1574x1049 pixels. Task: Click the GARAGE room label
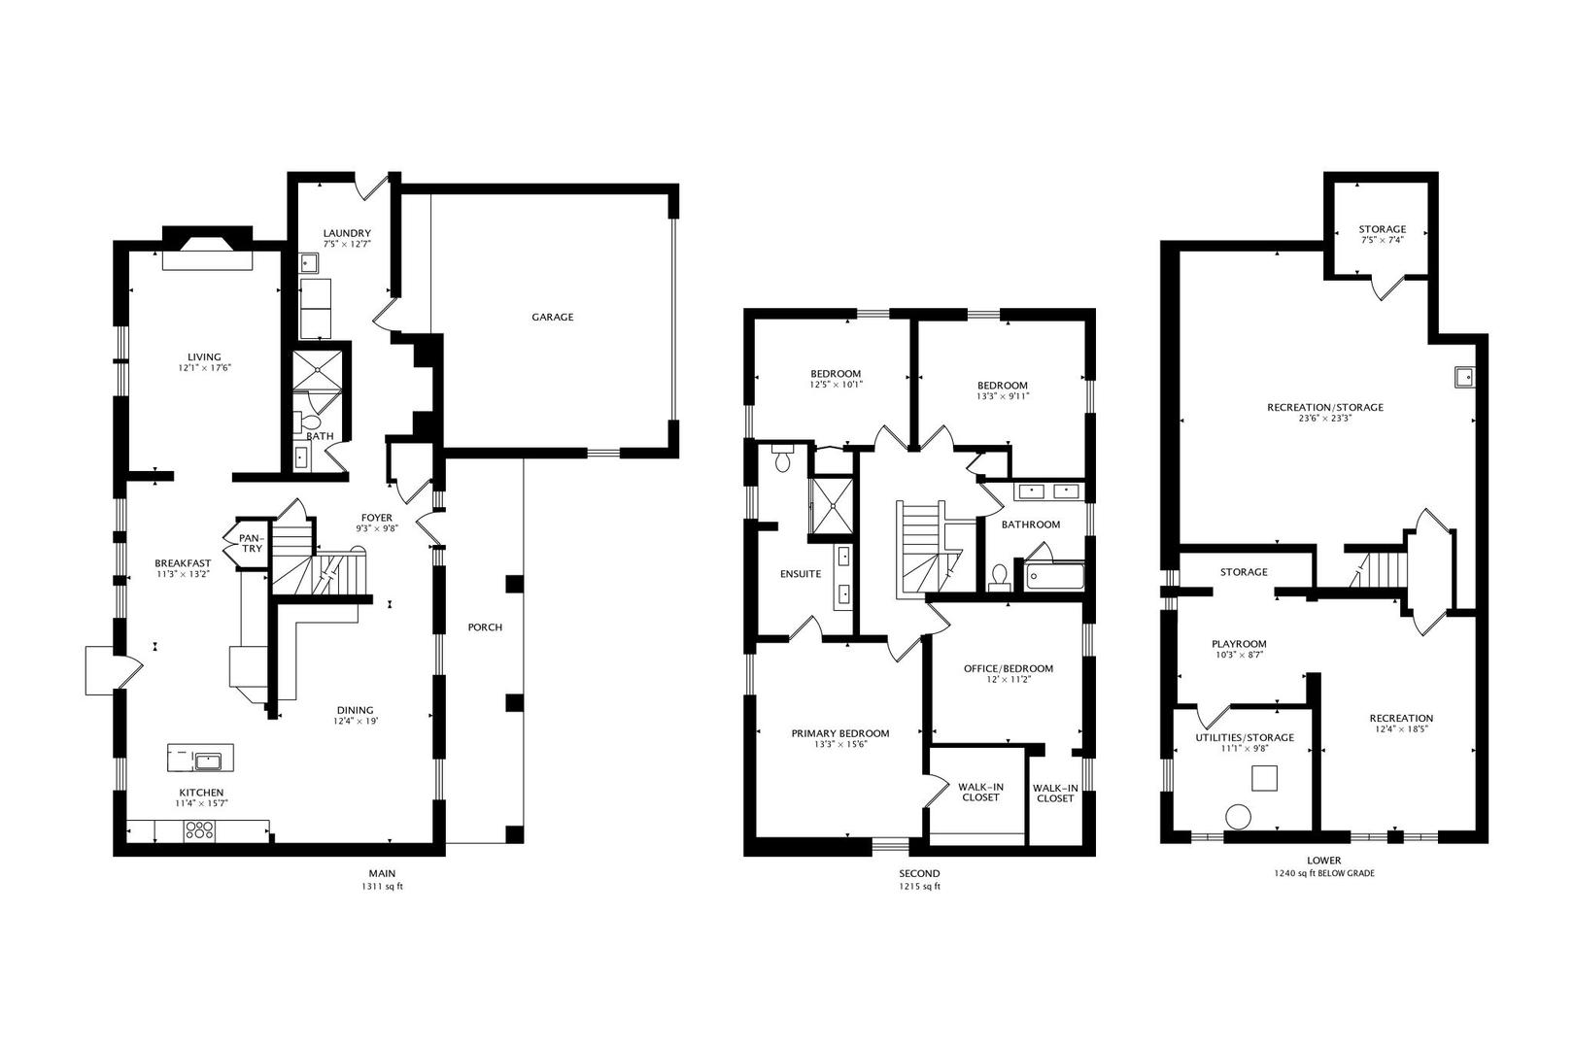click(552, 317)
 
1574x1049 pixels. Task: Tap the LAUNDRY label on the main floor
click(347, 233)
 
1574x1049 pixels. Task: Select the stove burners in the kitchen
click(199, 829)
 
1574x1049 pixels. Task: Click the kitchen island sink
click(208, 760)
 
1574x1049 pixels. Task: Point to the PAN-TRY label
click(251, 543)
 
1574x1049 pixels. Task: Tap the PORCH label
click(485, 627)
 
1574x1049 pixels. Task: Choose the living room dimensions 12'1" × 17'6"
click(204, 368)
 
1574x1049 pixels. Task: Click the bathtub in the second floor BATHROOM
click(1052, 577)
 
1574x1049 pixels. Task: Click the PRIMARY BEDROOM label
click(839, 733)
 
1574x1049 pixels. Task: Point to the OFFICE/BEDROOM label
click(1008, 668)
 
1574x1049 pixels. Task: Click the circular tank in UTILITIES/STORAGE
click(1238, 817)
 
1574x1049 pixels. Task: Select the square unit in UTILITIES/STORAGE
click(1264, 778)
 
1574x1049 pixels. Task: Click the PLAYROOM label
click(1239, 643)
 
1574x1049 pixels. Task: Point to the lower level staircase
click(1374, 568)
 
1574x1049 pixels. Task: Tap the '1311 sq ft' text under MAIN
click(381, 887)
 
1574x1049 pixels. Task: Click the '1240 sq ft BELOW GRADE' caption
click(1323, 873)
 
